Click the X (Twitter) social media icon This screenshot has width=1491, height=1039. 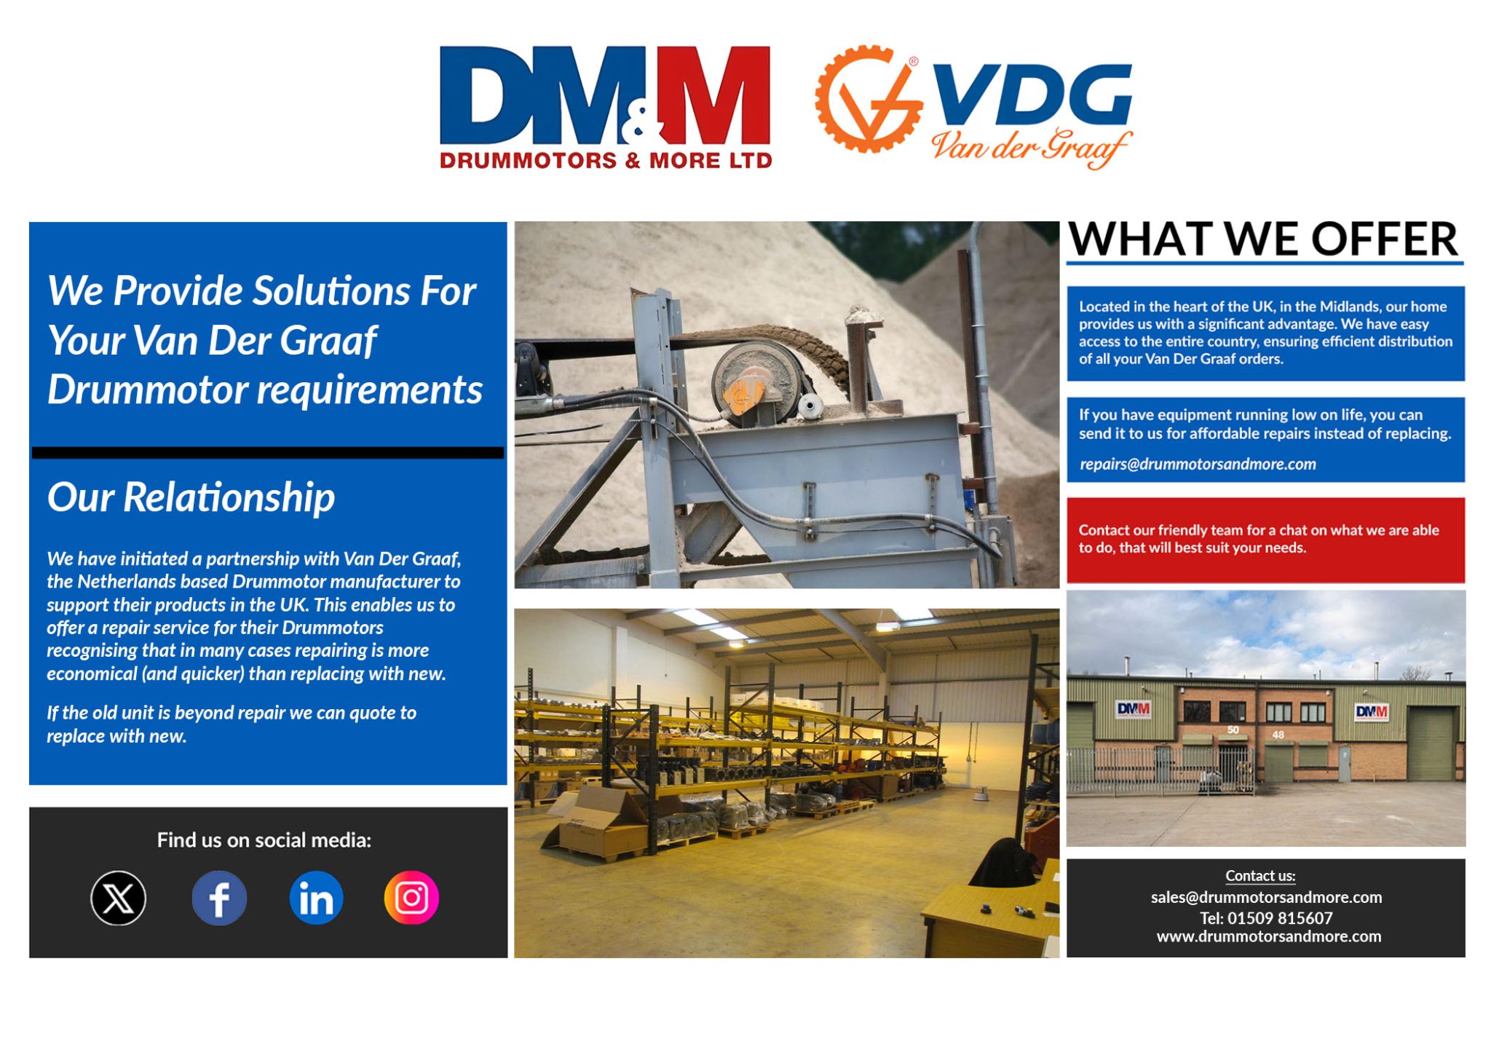pyautogui.click(x=118, y=898)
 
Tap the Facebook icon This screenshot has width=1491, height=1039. pyautogui.click(x=219, y=898)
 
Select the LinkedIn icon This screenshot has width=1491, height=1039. pyautogui.click(x=316, y=898)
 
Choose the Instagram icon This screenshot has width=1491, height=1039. pyautogui.click(x=411, y=898)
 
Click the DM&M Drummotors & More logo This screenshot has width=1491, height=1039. pyautogui.click(x=605, y=106)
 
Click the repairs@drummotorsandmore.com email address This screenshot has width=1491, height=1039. pyautogui.click(x=1198, y=464)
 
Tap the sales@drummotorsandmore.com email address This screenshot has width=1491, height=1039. pyautogui.click(x=1266, y=897)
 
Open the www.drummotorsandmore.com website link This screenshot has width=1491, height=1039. pyautogui.click(x=1268, y=936)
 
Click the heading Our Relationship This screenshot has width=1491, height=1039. pyautogui.click(x=191, y=497)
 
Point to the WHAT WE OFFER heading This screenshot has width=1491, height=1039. pyautogui.click(x=1263, y=239)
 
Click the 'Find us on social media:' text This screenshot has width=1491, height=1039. pyautogui.click(x=264, y=840)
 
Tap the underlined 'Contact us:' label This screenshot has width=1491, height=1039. pyautogui.click(x=1260, y=876)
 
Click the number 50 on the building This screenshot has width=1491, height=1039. pyautogui.click(x=1233, y=730)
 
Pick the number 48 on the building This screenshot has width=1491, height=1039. pyautogui.click(x=1278, y=735)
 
